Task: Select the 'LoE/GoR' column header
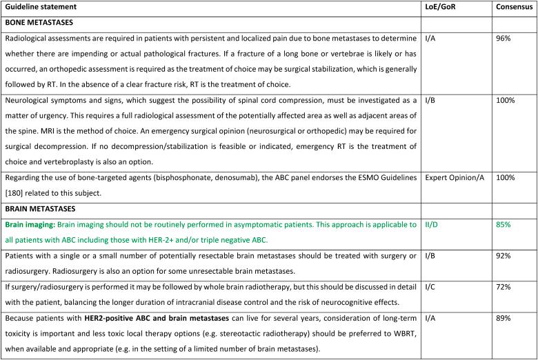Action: (x=443, y=7)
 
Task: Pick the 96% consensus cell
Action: (x=504, y=40)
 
